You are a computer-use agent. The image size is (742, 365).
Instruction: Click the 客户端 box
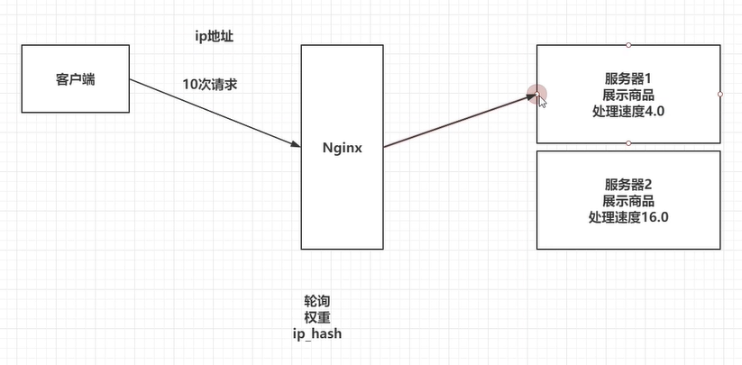point(76,79)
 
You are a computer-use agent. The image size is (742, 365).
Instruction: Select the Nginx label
point(342,148)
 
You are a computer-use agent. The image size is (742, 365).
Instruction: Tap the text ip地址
point(215,37)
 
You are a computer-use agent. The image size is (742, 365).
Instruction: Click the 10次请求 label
point(210,85)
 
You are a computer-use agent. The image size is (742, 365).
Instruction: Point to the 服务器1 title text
point(628,78)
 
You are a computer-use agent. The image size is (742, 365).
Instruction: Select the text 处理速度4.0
point(628,110)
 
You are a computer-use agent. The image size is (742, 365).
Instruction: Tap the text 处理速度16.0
point(628,217)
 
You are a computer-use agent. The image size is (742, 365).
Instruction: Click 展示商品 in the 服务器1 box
point(628,95)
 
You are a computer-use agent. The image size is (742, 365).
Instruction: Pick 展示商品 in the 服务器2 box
point(628,201)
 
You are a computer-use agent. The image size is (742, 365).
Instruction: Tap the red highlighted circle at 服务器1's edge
point(536,93)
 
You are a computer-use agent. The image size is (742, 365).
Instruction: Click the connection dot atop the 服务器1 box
point(628,44)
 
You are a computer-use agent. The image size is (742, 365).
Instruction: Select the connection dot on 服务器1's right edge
point(720,93)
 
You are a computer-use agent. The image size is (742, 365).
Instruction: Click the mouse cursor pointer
point(543,101)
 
